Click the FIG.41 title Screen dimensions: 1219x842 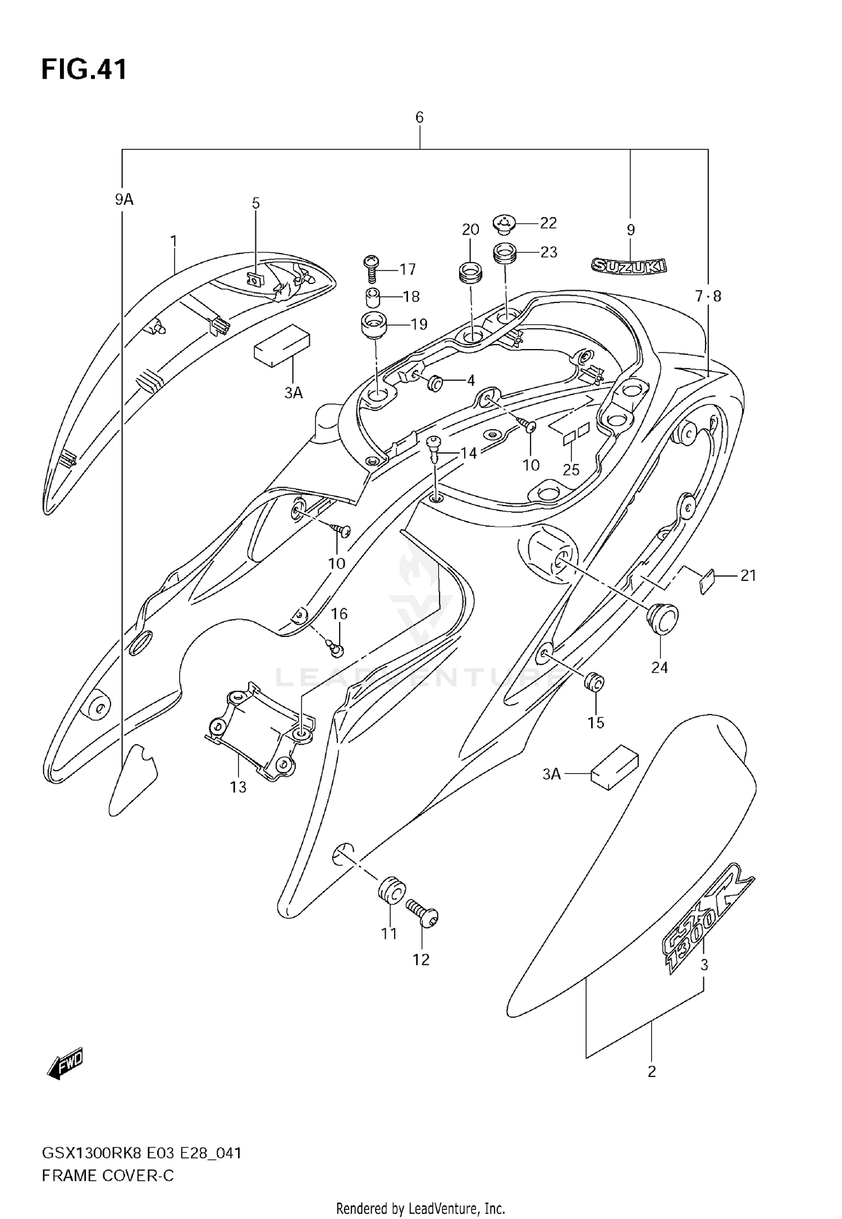tap(84, 70)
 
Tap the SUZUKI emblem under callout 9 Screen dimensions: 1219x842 tap(629, 266)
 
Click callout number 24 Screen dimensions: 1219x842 tap(660, 667)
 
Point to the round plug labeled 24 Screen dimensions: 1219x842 tap(662, 621)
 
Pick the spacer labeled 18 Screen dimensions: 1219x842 tap(371, 296)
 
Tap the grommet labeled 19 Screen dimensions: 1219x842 tap(372, 325)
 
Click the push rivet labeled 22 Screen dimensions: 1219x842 tap(505, 224)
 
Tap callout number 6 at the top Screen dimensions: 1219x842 tap(419, 117)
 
